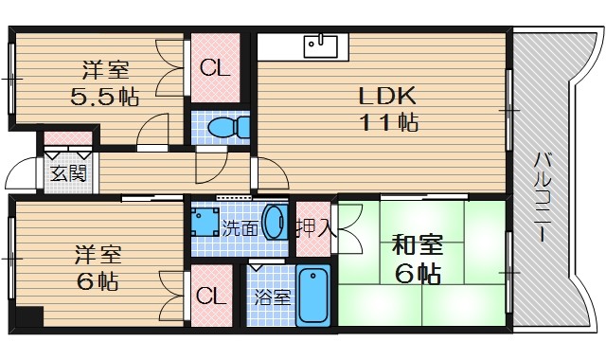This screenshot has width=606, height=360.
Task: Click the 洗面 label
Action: (240, 227)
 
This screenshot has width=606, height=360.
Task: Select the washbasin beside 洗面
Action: (274, 223)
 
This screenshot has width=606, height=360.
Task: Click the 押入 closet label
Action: (313, 227)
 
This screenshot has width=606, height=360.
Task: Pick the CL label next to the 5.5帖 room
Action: (212, 67)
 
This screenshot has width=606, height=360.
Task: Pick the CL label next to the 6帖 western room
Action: (212, 296)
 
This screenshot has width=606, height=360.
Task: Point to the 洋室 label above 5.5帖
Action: (104, 70)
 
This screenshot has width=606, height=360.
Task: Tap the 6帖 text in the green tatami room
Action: (418, 274)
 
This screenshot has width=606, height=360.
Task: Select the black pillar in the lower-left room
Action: (28, 318)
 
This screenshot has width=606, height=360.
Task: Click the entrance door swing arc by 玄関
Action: (19, 176)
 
